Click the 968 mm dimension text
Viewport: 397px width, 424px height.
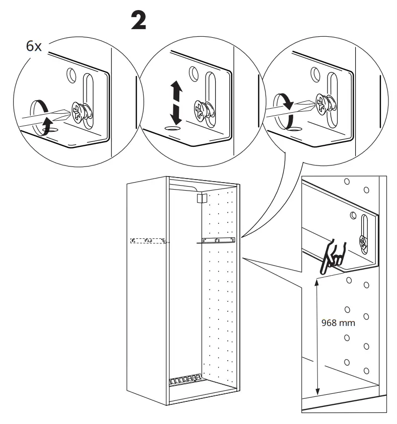tap(338, 323)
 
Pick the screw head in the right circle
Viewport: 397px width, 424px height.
tap(323, 103)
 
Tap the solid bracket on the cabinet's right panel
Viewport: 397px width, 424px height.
tap(218, 240)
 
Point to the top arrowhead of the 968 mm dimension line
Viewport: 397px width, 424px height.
tap(317, 281)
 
